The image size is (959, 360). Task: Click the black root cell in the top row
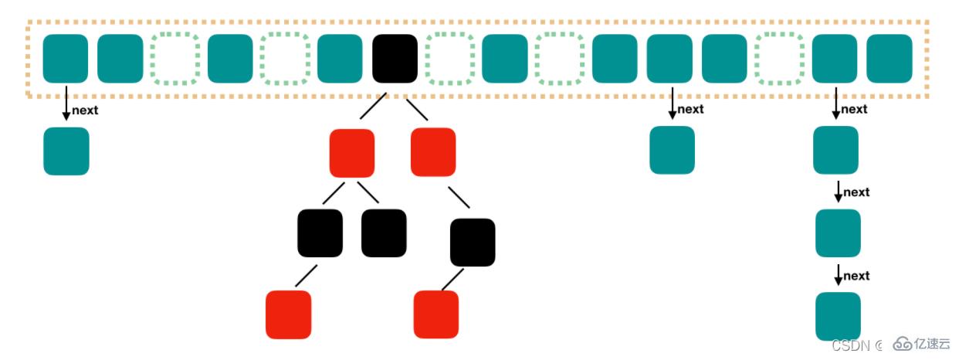coord(395,59)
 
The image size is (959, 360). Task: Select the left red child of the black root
coord(352,152)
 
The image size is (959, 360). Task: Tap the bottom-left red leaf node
coord(288,314)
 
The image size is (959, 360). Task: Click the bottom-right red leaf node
coord(436,314)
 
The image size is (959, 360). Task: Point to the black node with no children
coord(384,233)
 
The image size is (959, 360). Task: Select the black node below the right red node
coord(473,243)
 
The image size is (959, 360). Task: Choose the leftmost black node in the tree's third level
coord(320,233)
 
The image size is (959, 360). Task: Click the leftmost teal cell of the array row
coord(66,59)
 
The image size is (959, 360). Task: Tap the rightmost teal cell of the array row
coord(890,59)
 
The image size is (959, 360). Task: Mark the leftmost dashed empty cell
coord(175,59)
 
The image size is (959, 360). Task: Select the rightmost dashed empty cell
coord(779,59)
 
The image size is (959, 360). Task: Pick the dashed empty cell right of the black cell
coord(449,59)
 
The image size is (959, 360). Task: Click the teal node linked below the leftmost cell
coord(66,151)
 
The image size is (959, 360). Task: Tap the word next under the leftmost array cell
coord(85,110)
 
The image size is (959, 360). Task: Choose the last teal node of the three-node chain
coord(838,316)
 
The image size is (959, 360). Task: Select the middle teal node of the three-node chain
coord(838,233)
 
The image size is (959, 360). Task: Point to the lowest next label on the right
coord(856,276)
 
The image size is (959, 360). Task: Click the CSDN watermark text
coord(852,344)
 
